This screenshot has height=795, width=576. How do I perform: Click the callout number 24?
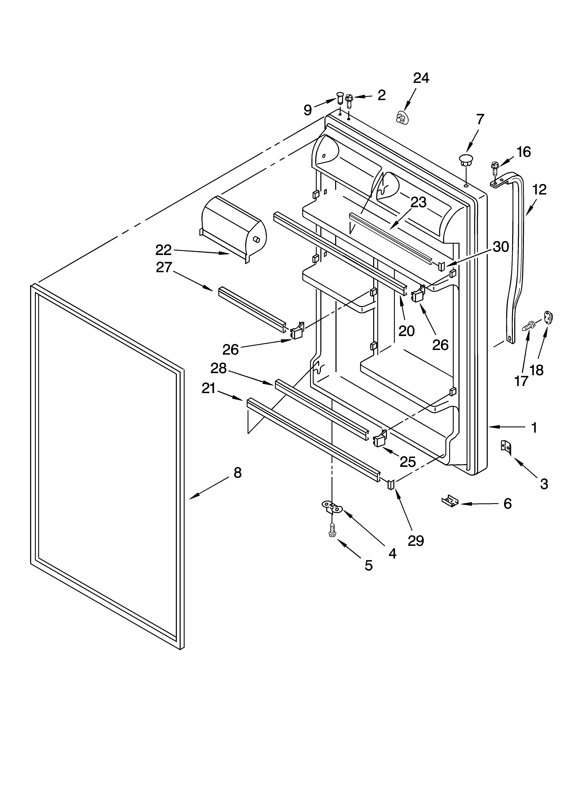[x=421, y=78]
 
